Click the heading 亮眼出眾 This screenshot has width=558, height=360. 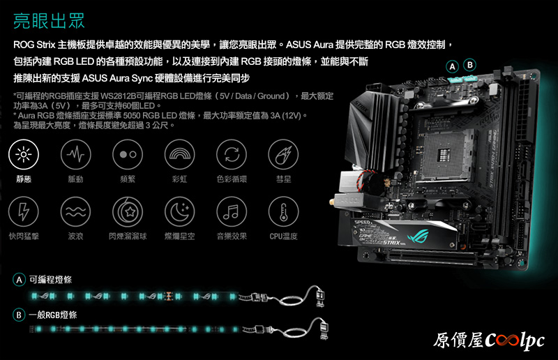tap(49, 21)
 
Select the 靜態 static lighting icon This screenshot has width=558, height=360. tap(24, 154)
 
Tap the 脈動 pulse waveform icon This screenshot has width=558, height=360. tap(75, 154)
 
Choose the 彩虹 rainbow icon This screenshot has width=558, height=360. tap(179, 154)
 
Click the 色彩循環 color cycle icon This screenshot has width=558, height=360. tap(232, 154)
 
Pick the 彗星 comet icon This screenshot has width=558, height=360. tap(283, 154)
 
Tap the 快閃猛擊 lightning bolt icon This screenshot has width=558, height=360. tap(24, 211)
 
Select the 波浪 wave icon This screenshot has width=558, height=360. tap(75, 211)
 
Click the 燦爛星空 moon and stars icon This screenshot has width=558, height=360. tap(179, 211)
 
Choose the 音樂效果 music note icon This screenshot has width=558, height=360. tap(232, 211)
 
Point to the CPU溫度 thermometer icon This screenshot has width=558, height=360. tap(283, 211)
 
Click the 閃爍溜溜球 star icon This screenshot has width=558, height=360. tap(128, 211)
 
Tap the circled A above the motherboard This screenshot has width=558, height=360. tap(452, 66)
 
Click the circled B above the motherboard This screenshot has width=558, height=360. tap(469, 65)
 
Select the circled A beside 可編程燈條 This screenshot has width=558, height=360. tap(20, 280)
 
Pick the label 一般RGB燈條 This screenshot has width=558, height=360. tap(53, 315)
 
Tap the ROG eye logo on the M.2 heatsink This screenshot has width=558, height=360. tap(418, 235)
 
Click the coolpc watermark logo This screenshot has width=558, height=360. tap(489, 340)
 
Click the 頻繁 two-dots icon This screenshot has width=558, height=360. tap(128, 154)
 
